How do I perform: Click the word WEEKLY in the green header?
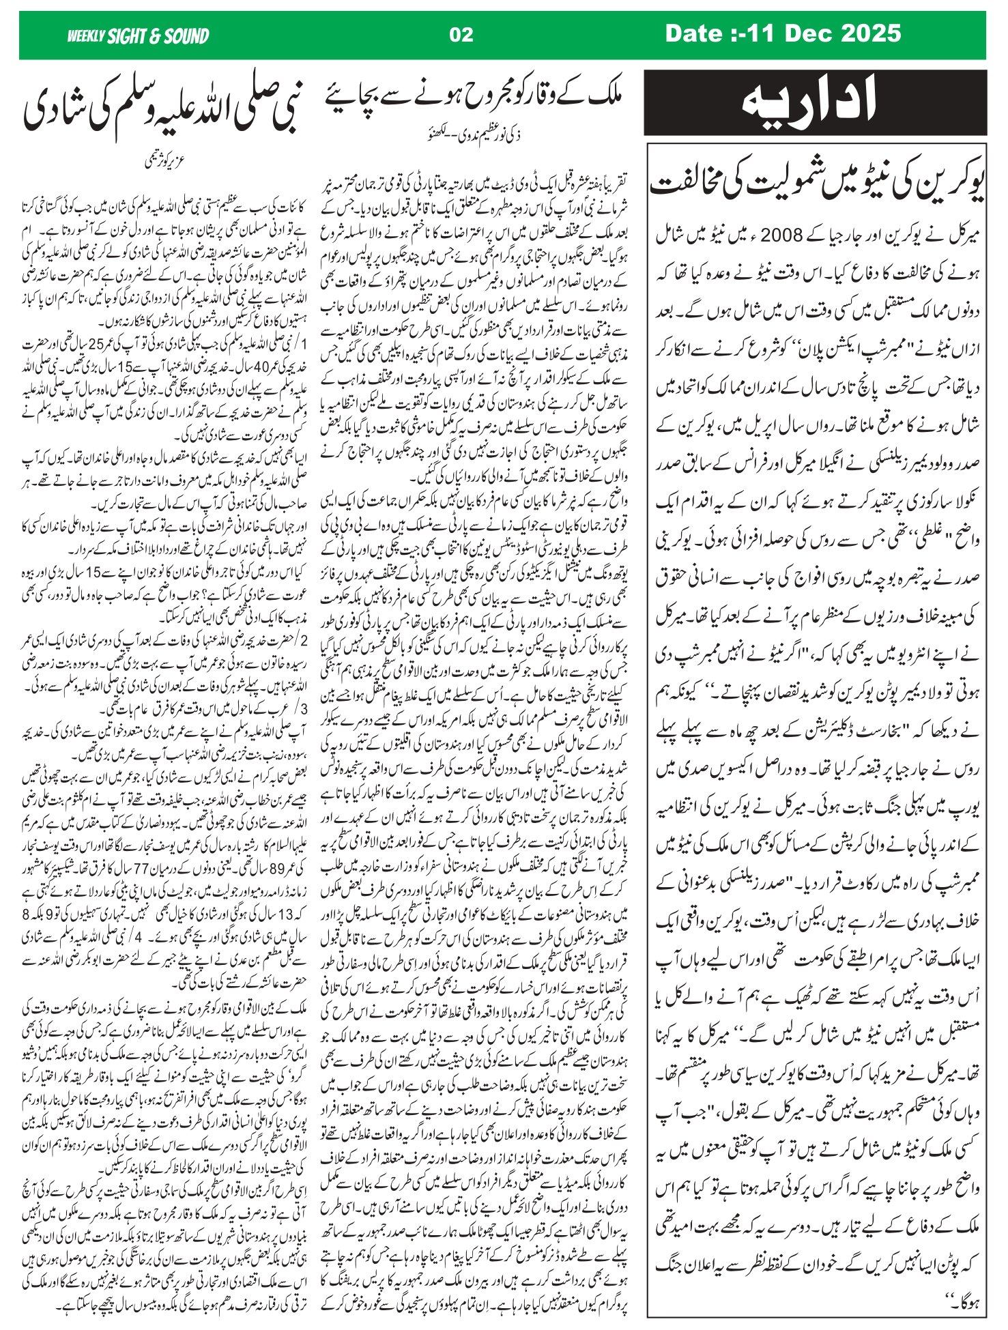pos(85,35)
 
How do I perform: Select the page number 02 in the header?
pos(461,34)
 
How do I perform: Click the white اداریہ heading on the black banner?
pos(815,102)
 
